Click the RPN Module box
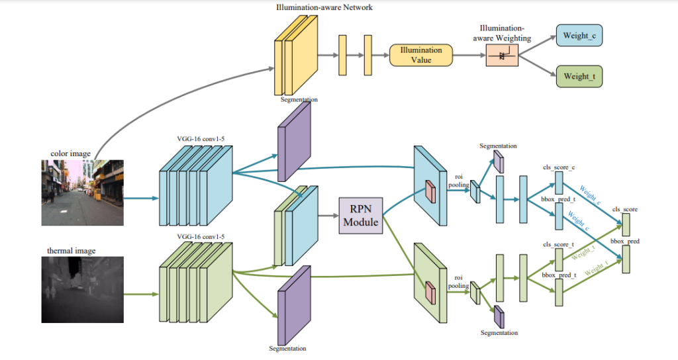[x=361, y=214]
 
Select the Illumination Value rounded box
[x=420, y=55]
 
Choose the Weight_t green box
[x=579, y=77]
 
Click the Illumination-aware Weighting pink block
[x=502, y=56]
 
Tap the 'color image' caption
[x=70, y=154]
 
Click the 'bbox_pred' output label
[x=625, y=242]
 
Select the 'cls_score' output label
[x=625, y=209]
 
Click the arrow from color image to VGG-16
[x=141, y=198]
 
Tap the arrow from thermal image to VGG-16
[x=141, y=295]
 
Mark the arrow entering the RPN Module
[x=328, y=215]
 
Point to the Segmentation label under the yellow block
[x=299, y=99]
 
